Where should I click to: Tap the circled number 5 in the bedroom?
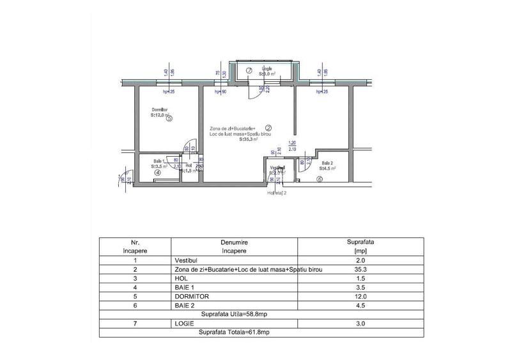[169, 118]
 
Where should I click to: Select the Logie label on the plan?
[267, 68]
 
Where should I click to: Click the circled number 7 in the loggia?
[249, 70]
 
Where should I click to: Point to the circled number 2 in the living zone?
[268, 127]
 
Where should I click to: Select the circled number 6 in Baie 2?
[319, 179]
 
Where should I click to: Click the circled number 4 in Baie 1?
[157, 172]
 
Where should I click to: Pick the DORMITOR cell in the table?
[192, 297]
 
